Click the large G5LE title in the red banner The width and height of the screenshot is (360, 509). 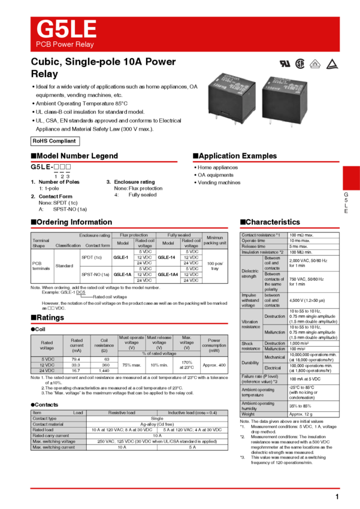click(x=66, y=29)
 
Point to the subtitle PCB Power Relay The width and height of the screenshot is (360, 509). click(x=65, y=45)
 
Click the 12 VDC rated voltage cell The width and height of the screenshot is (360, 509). click(x=47, y=365)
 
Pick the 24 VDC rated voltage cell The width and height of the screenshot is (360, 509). click(x=47, y=371)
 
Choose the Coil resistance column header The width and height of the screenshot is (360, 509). click(x=104, y=346)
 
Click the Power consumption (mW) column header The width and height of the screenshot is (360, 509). click(x=214, y=346)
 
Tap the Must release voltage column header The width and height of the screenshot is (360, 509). click(x=159, y=343)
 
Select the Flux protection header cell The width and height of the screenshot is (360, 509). click(x=133, y=235)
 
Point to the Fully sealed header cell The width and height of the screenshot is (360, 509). click(x=179, y=235)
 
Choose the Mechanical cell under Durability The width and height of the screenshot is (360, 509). click(x=275, y=357)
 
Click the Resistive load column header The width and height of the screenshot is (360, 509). click(x=122, y=413)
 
